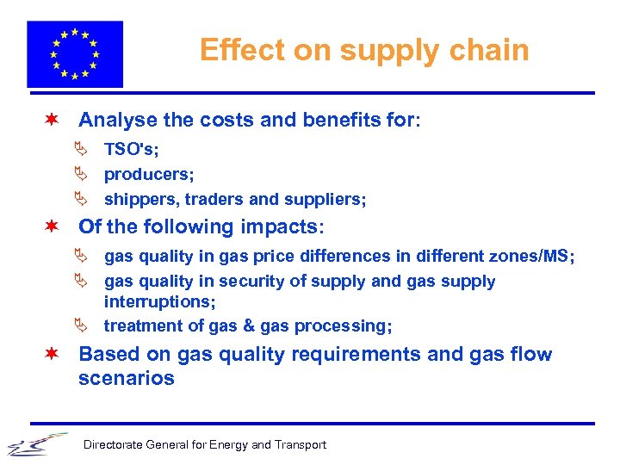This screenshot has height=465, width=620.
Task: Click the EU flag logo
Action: coord(75,53)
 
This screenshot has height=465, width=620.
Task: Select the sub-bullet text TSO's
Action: coord(131,149)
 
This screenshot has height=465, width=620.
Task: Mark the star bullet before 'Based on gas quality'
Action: coord(53,354)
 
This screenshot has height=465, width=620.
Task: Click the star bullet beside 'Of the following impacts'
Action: coord(53,226)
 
